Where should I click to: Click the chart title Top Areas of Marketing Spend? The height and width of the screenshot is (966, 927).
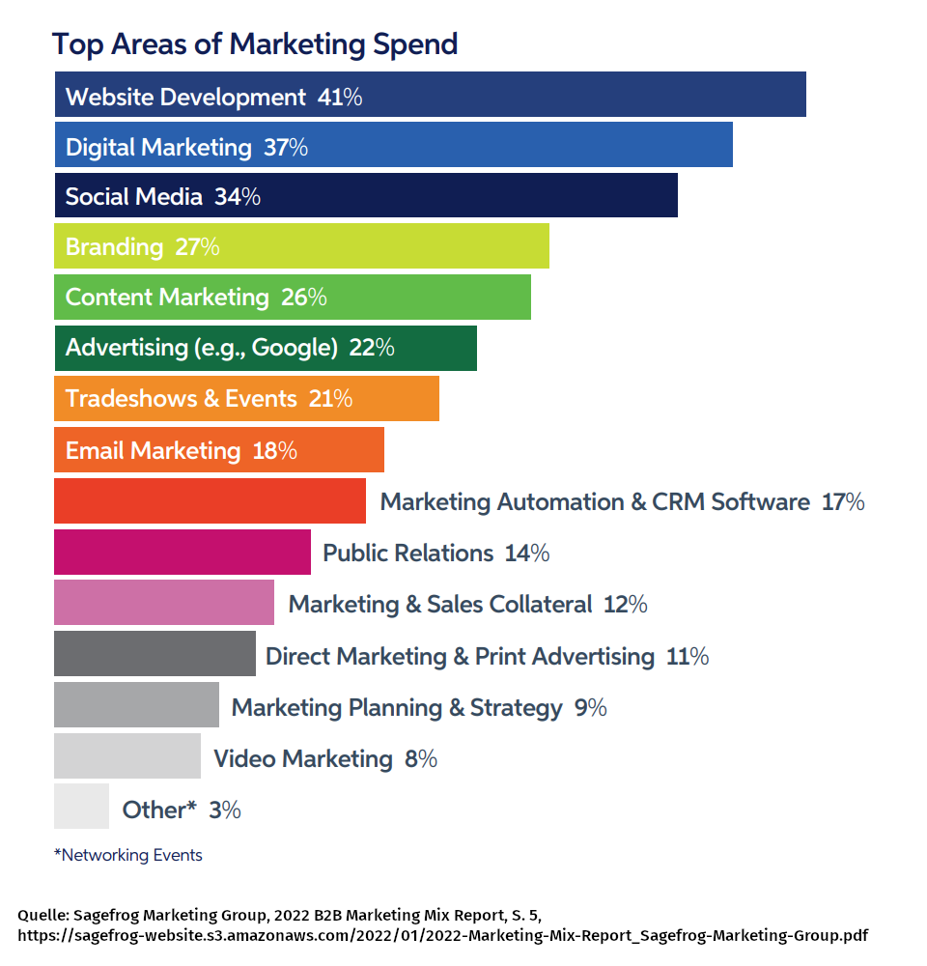point(254,43)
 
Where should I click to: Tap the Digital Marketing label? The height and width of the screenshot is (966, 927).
point(158,147)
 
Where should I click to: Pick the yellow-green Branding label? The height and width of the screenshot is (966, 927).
point(114,247)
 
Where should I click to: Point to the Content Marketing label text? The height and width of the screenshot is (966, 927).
point(167,298)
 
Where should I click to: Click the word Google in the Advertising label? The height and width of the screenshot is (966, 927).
point(295,348)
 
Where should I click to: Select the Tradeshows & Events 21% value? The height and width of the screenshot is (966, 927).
point(330,398)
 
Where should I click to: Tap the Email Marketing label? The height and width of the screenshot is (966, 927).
point(153,450)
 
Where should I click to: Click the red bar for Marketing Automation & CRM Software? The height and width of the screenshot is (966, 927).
point(210,500)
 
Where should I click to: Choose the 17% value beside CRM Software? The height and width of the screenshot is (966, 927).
point(842,502)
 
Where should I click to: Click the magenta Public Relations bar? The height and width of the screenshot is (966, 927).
point(182,553)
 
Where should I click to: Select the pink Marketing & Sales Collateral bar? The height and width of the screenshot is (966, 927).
point(163,603)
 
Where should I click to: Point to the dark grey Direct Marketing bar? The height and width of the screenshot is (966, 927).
point(154,654)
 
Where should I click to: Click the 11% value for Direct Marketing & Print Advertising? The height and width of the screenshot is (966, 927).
point(688,657)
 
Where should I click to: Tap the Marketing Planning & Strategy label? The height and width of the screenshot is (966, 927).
point(397,708)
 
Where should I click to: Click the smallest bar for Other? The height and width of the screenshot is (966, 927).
point(81,807)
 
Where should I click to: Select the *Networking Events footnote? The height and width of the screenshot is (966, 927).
point(127,855)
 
